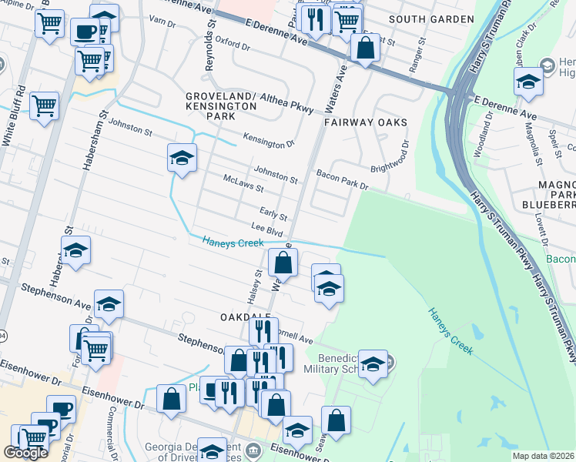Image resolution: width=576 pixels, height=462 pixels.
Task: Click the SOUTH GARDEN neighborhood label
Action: point(431,18)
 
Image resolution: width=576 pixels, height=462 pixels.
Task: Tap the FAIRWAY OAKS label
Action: point(365,122)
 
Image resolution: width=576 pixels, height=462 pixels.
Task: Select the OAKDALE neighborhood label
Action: point(246,317)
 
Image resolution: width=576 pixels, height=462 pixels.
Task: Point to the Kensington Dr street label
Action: point(269,142)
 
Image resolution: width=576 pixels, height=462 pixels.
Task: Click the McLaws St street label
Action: point(243,187)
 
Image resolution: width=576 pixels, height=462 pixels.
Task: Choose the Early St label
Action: point(273,216)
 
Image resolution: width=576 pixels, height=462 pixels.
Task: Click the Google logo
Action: point(25,453)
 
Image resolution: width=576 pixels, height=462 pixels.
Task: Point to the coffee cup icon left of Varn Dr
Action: point(85,32)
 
